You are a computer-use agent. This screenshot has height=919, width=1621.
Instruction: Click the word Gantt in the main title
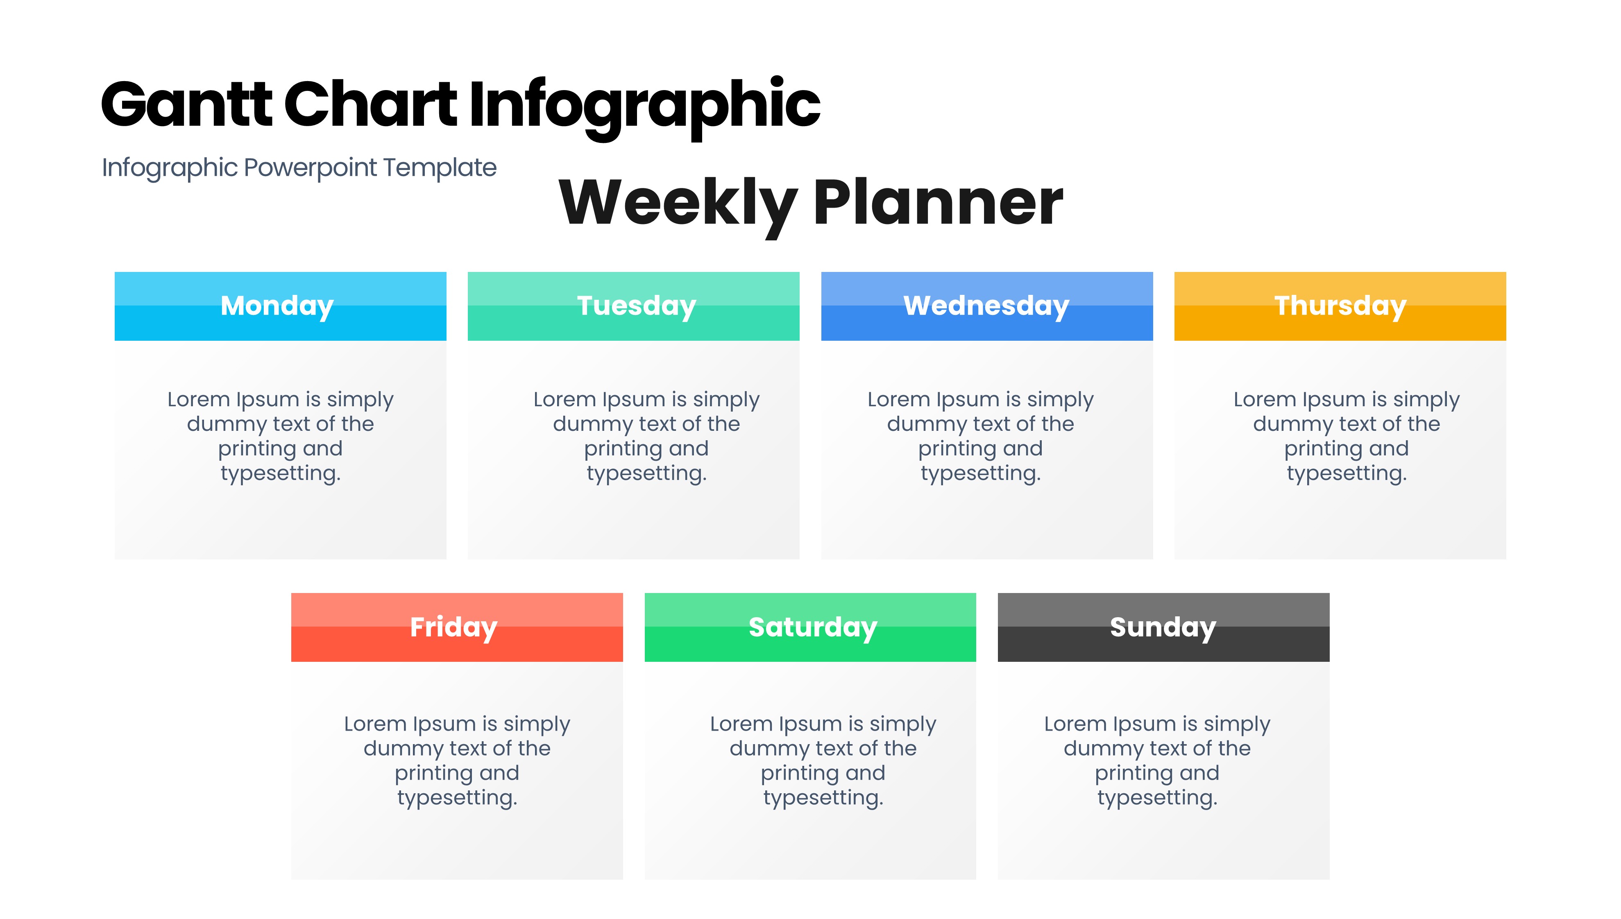pos(186,104)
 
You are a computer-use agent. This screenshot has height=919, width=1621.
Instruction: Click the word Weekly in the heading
pos(678,204)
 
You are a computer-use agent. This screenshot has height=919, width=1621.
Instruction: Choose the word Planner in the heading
pos(938,203)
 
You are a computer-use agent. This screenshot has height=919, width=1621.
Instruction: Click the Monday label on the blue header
pos(277,306)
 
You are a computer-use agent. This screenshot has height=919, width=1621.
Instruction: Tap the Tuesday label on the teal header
pos(636,306)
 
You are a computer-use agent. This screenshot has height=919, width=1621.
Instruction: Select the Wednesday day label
pos(986,306)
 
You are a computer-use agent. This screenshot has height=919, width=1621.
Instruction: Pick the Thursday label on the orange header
pos(1340,306)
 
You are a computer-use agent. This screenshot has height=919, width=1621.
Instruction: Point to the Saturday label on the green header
pos(813,627)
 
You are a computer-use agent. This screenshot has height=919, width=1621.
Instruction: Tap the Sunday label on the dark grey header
pos(1163,627)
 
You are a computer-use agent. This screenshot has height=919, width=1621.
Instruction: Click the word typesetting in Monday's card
pos(280,474)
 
